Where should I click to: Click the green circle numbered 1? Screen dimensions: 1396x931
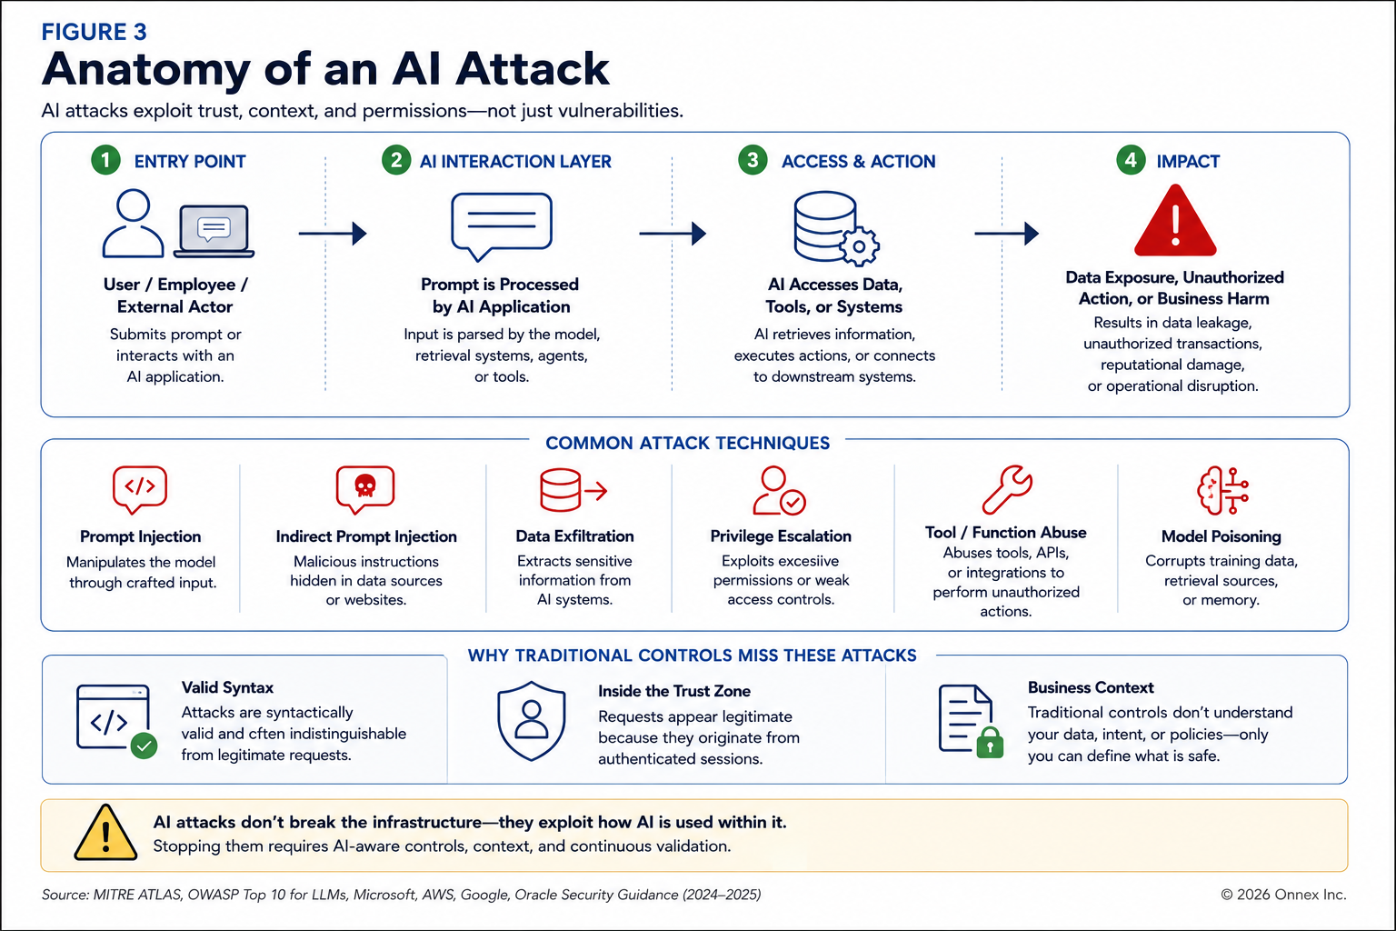click(105, 160)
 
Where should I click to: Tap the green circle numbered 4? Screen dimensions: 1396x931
click(1131, 160)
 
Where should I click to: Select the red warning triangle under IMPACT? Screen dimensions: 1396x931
click(1175, 221)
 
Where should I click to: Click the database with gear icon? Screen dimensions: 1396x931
click(836, 228)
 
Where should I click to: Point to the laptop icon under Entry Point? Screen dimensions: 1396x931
click(214, 231)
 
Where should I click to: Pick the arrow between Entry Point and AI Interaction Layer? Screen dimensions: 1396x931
click(332, 234)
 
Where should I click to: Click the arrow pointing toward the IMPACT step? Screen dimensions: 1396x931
click(1006, 234)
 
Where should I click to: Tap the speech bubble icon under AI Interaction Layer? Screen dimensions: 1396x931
click(502, 225)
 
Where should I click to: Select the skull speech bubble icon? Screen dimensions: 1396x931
click(365, 489)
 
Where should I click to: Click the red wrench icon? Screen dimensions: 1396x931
click(1007, 489)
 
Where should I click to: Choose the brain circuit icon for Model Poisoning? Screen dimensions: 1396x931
click(1222, 490)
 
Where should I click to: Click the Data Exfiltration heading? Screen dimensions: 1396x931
click(574, 536)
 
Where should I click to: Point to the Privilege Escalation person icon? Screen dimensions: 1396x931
click(779, 490)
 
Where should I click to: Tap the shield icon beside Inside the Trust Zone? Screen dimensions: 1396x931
click(532, 721)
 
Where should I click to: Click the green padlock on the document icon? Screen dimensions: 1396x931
click(990, 742)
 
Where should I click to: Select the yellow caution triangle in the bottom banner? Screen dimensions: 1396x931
click(105, 833)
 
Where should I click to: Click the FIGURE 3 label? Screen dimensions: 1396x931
click(95, 32)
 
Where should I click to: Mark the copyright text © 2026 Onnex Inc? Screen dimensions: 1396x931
click(1283, 895)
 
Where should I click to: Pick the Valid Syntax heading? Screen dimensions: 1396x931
click(227, 687)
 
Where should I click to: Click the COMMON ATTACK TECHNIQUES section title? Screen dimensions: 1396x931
click(687, 443)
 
